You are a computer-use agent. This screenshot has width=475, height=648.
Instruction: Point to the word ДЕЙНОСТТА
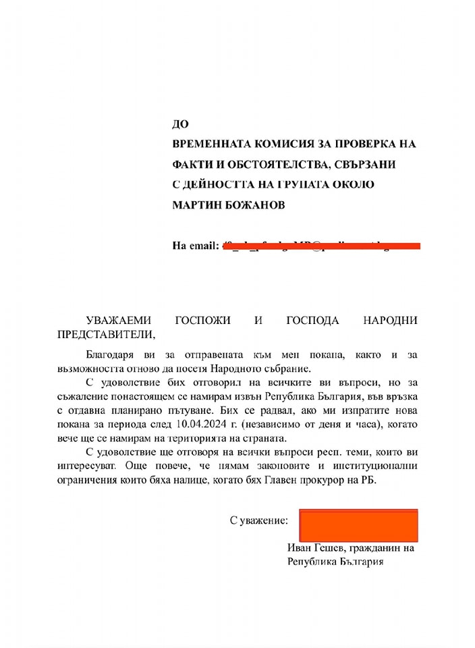(226, 184)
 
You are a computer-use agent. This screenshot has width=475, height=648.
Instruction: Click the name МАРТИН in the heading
(198, 205)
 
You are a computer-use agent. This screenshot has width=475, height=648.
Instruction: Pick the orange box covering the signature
(358, 524)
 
